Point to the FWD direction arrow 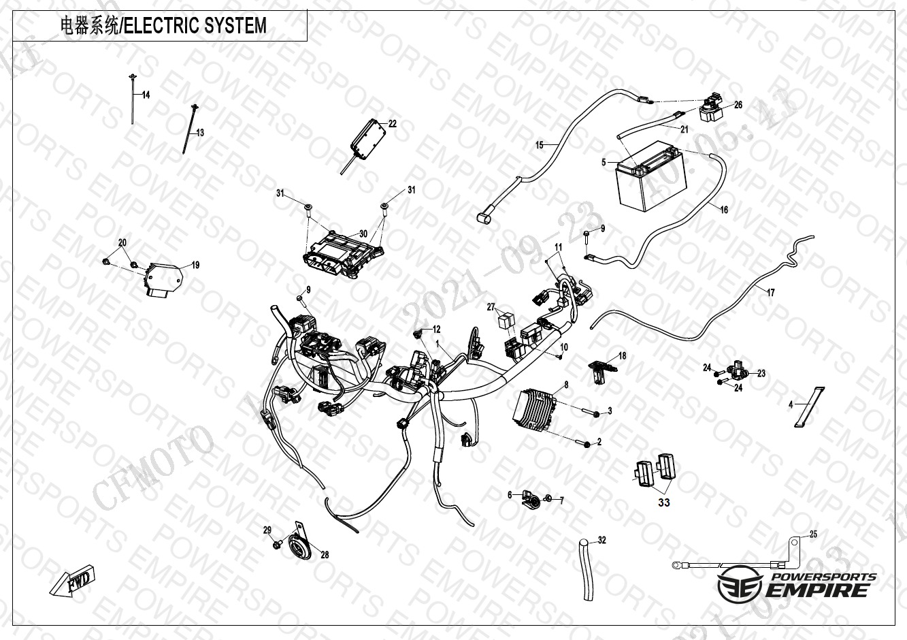click(x=73, y=579)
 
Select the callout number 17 click(x=770, y=293)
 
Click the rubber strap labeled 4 click(x=806, y=408)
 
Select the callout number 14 click(x=146, y=95)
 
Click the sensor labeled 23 click(x=740, y=370)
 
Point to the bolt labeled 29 click(x=278, y=544)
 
